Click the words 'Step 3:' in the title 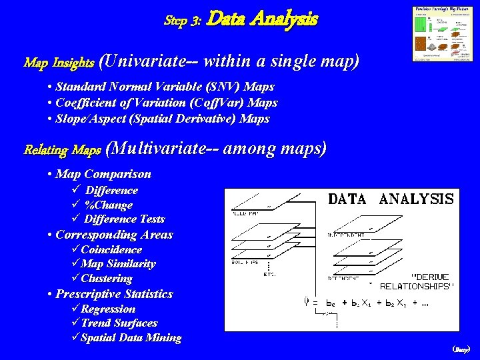(183, 20)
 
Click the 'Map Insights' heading (59, 63)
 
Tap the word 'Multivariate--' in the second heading (163, 149)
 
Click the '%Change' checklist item (109, 205)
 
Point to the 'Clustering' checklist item (106, 279)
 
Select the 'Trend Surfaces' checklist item (119, 323)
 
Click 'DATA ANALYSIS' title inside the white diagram (391, 199)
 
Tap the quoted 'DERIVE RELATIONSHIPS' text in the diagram (417, 281)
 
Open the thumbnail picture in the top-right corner (440, 35)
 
